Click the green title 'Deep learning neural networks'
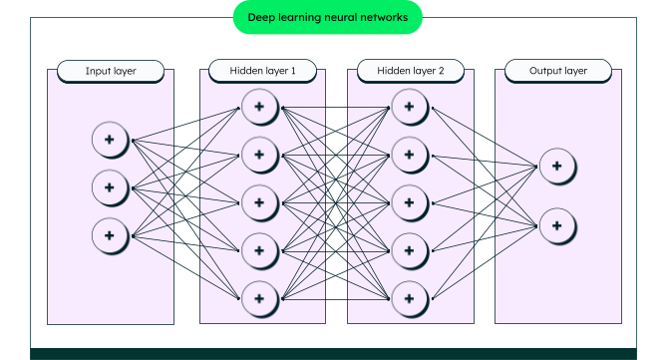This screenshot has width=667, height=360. coord(327,18)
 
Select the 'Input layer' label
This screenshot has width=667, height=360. coord(111,72)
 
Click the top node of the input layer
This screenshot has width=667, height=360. coord(110,140)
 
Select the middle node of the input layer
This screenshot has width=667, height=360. coord(110,187)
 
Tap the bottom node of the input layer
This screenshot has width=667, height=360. coord(110,235)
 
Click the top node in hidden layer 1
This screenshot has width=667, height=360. coord(258,106)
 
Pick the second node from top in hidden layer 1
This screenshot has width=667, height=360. coord(258,154)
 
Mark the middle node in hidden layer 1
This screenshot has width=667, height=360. coord(258,201)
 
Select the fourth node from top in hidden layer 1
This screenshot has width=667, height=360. coord(258,249)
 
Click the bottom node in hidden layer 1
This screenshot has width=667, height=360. coord(258,297)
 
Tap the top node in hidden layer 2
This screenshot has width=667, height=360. coord(409,106)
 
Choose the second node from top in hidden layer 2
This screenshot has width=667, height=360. coord(409,154)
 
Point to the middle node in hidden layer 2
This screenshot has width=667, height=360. coord(409,201)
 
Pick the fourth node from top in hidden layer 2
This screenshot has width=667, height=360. coord(409,249)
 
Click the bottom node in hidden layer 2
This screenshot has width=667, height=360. coord(409,297)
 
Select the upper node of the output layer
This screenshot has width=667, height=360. coord(557,167)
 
